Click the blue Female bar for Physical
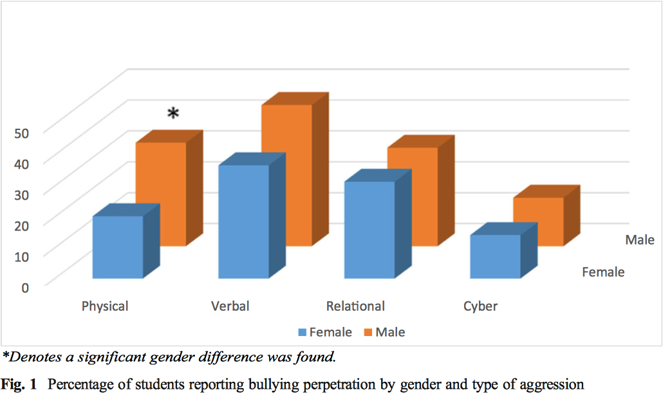pos(118,247)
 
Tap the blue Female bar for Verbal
pos(243,222)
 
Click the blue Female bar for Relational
pos(369,230)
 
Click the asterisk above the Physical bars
pos(173,115)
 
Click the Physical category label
pos(105,306)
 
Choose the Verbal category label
pos(230,306)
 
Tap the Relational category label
pos(355,306)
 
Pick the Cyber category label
pos(480,306)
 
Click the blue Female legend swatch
pos(303,333)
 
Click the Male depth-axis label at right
pos(640,240)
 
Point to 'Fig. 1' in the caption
pos(20,385)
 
